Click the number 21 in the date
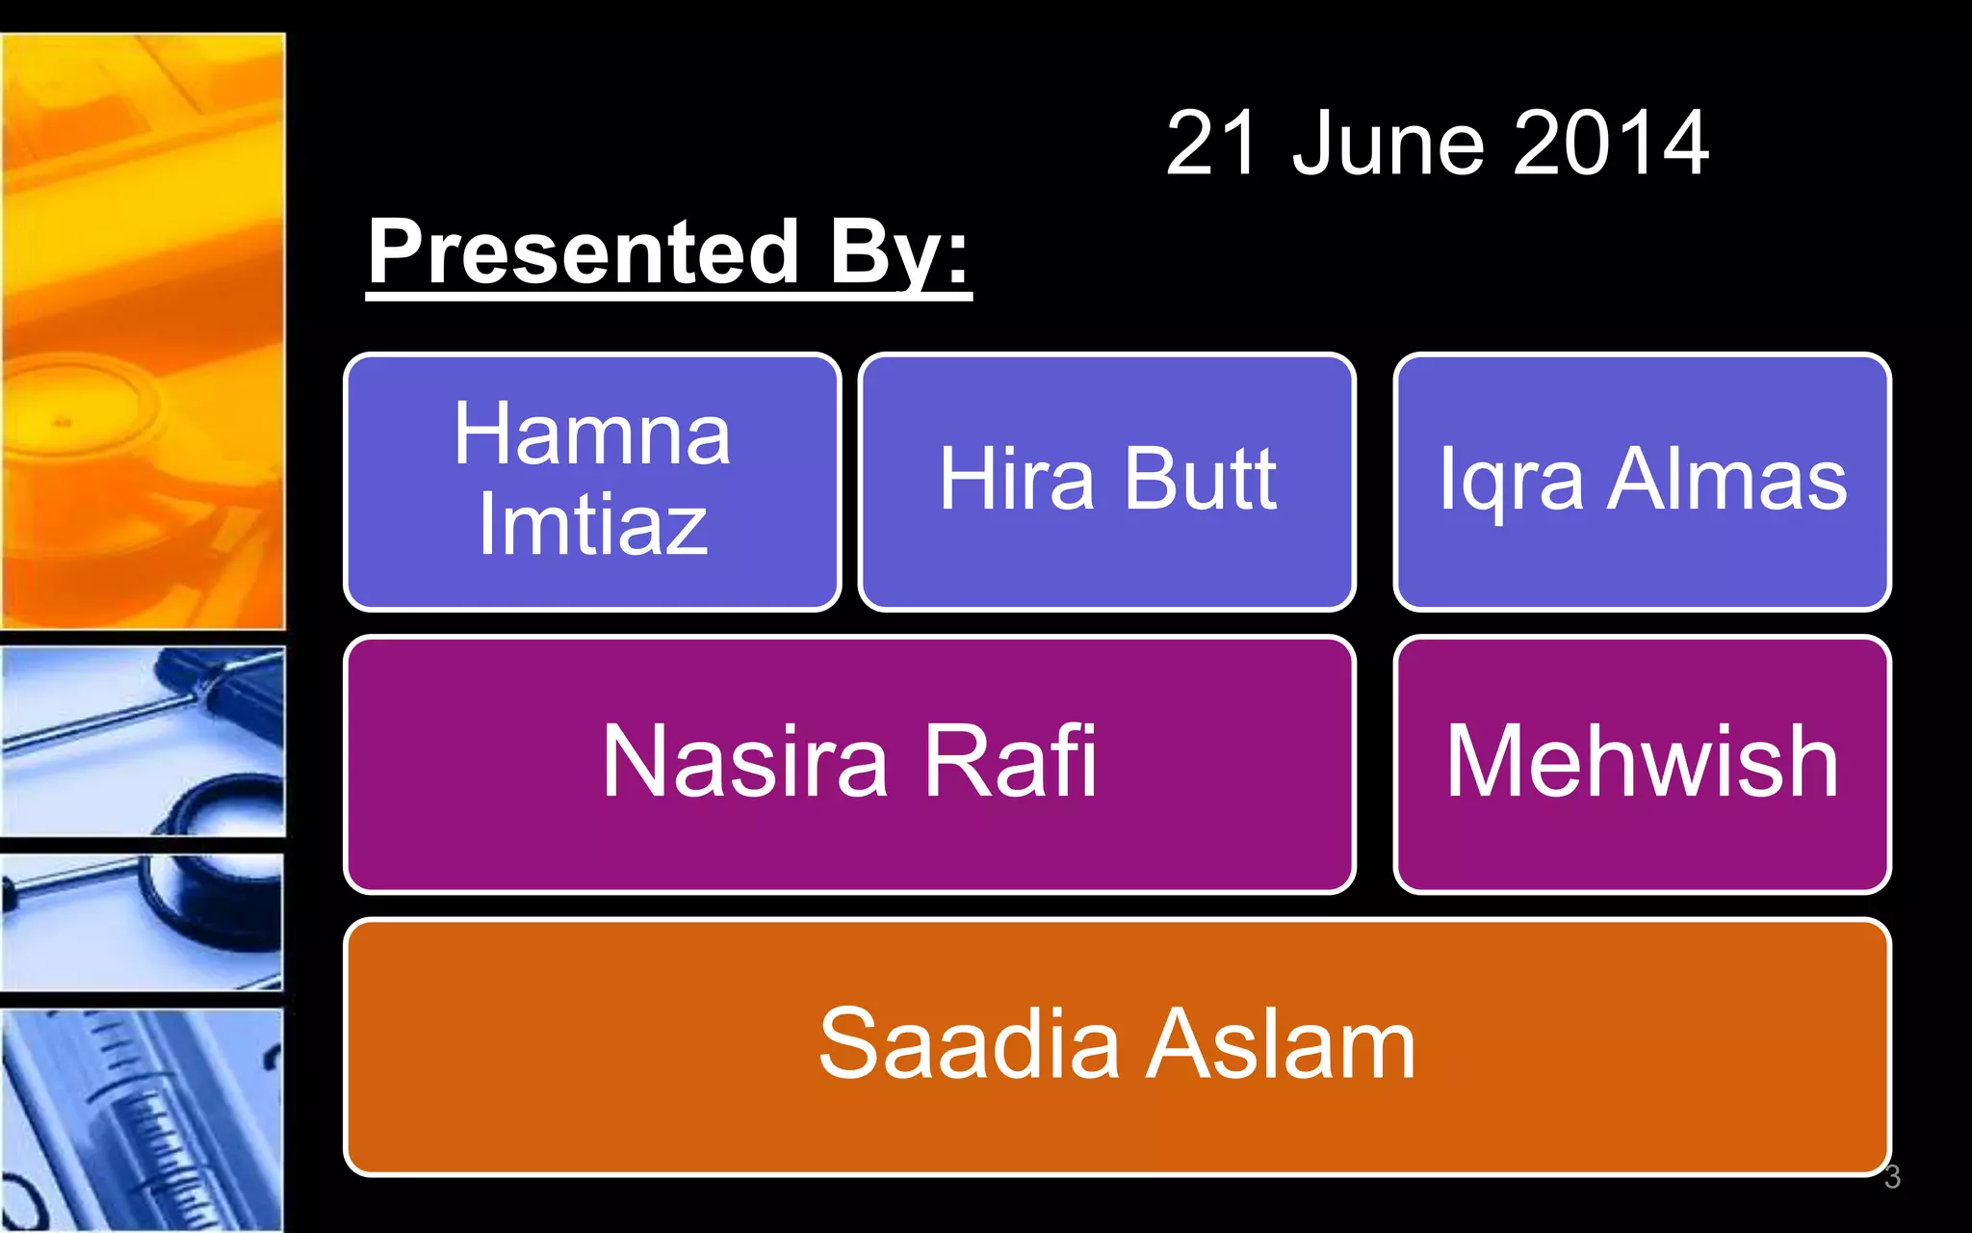pyautogui.click(x=1211, y=144)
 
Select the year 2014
pyautogui.click(x=1610, y=144)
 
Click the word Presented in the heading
pyautogui.click(x=584, y=252)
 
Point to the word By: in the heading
pyautogui.click(x=898, y=252)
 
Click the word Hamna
pyautogui.click(x=592, y=434)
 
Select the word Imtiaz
pyautogui.click(x=592, y=525)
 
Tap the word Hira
pyautogui.click(x=1017, y=479)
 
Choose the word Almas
pyautogui.click(x=1727, y=479)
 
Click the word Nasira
pyautogui.click(x=743, y=762)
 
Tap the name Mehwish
pyautogui.click(x=1642, y=762)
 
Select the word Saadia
pyautogui.click(x=969, y=1044)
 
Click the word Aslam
pyautogui.click(x=1281, y=1044)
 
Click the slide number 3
pyautogui.click(x=1892, y=1177)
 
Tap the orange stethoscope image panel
pyautogui.click(x=143, y=331)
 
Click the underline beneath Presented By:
pyautogui.click(x=668, y=297)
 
